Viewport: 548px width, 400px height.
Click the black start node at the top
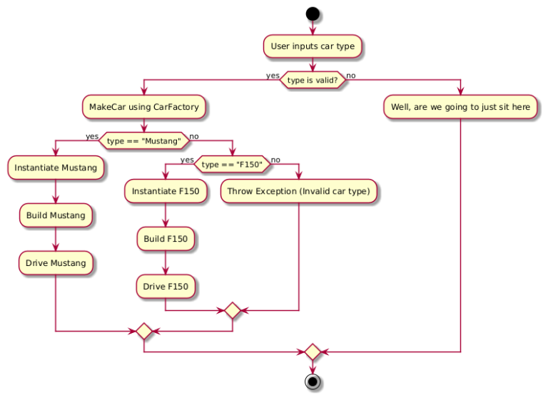pyautogui.click(x=313, y=13)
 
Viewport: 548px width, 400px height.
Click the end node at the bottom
pyautogui.click(x=313, y=382)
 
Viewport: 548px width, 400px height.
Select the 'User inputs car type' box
pyautogui.click(x=313, y=47)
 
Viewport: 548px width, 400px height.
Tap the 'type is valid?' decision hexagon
pyautogui.click(x=313, y=81)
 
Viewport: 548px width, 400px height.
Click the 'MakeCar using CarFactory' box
pyautogui.click(x=144, y=108)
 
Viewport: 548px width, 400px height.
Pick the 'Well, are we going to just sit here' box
pyautogui.click(x=460, y=108)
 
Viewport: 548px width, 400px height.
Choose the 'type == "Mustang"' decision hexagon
pyautogui.click(x=144, y=141)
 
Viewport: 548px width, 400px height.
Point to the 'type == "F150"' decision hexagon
pyautogui.click(x=233, y=165)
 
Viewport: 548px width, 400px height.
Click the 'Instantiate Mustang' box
pyautogui.click(x=56, y=168)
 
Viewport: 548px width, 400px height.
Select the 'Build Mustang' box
pyautogui.click(x=56, y=215)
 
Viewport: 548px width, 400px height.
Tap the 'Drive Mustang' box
pyautogui.click(x=56, y=263)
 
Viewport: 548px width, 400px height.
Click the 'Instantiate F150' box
pyautogui.click(x=166, y=192)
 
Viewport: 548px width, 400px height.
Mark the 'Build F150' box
pyautogui.click(x=166, y=239)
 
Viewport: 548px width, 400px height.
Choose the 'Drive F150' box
pyautogui.click(x=166, y=287)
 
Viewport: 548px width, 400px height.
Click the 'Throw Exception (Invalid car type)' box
pyautogui.click(x=298, y=192)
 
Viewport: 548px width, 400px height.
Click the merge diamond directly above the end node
pyautogui.click(x=313, y=352)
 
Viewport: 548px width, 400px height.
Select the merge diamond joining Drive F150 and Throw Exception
pyautogui.click(x=233, y=310)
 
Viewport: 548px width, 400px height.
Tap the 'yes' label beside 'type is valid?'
pyautogui.click(x=273, y=76)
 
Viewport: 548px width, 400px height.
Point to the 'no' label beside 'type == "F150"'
pyautogui.click(x=275, y=160)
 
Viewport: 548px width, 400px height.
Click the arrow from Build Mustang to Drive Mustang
pyautogui.click(x=56, y=240)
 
